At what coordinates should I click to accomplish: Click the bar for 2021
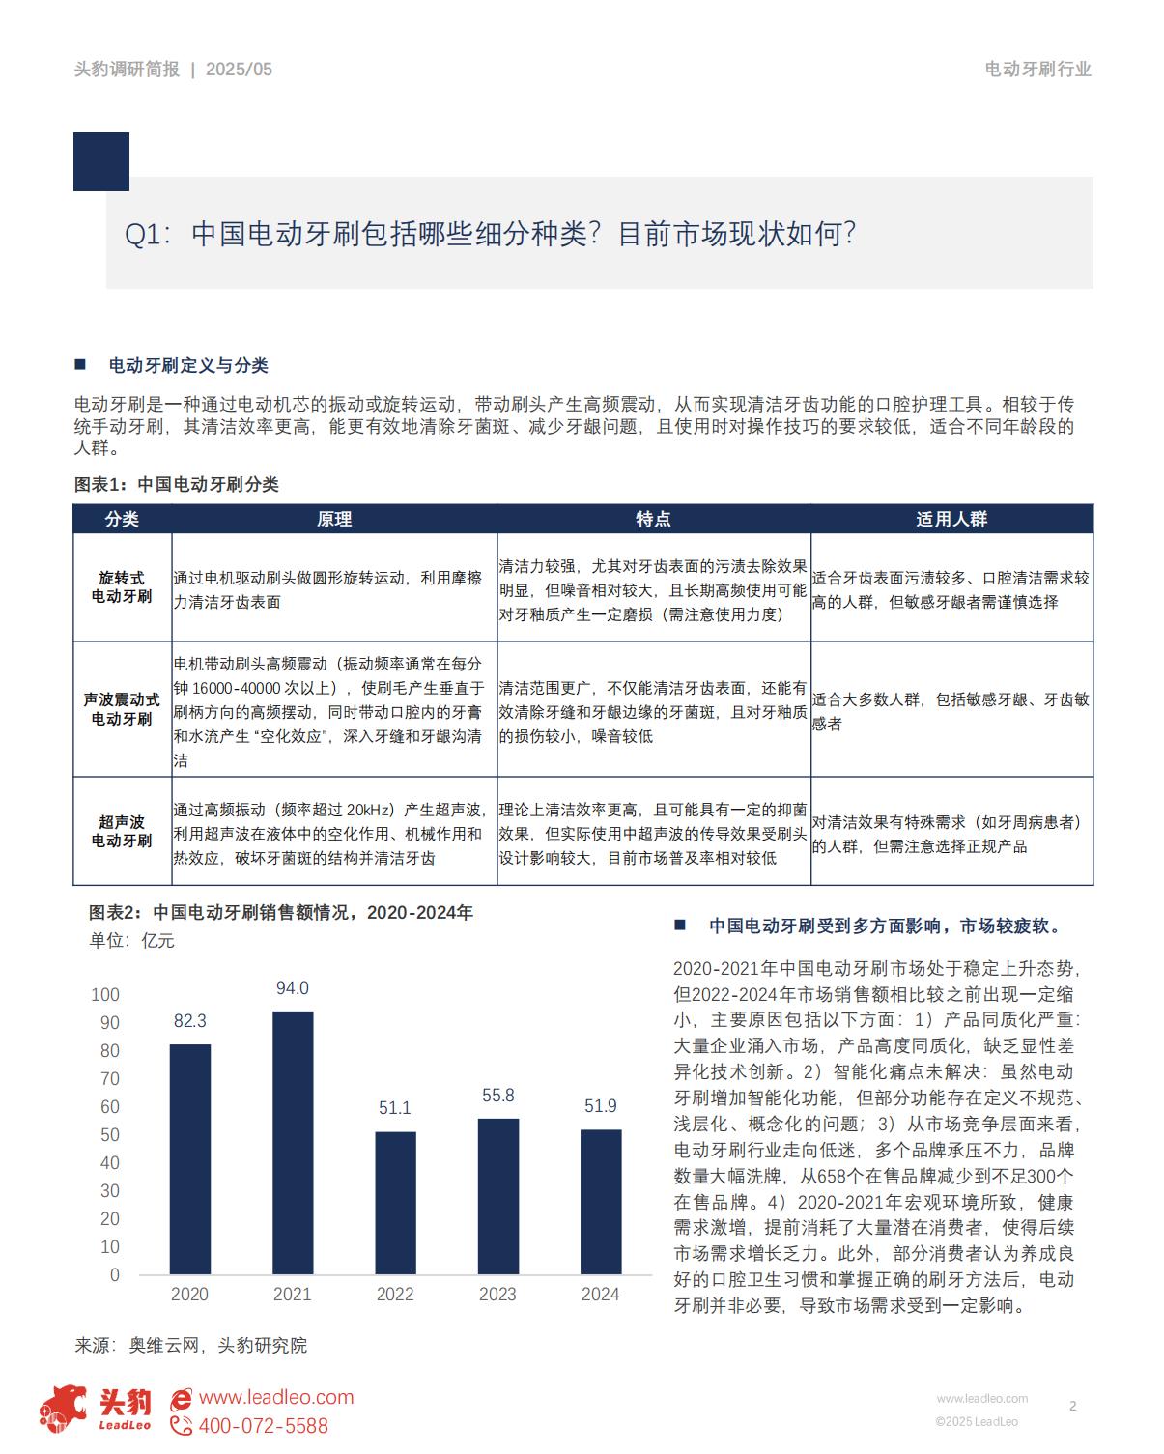pos(293,1142)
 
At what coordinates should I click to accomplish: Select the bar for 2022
pos(395,1203)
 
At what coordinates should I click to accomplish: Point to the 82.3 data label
pos(189,1020)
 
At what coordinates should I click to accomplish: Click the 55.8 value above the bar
pos(497,1096)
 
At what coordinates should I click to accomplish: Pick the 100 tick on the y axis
pos(104,995)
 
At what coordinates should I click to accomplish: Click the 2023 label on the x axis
pos(497,1295)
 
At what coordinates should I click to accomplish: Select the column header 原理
pos(334,519)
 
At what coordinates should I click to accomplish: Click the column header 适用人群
pos(951,519)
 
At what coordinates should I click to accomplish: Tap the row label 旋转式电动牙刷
pos(122,587)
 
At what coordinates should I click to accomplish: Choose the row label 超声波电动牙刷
pos(122,831)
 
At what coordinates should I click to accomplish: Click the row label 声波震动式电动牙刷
pos(122,709)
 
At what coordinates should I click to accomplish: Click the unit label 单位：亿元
pos(131,940)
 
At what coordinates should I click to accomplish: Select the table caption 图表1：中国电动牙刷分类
pos(176,484)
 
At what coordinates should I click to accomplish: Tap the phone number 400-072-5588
pos(263,1426)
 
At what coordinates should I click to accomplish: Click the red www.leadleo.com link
pos(275,1397)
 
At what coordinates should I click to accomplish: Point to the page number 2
pos(1072,1406)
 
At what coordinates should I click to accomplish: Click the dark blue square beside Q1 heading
pos(100,161)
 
